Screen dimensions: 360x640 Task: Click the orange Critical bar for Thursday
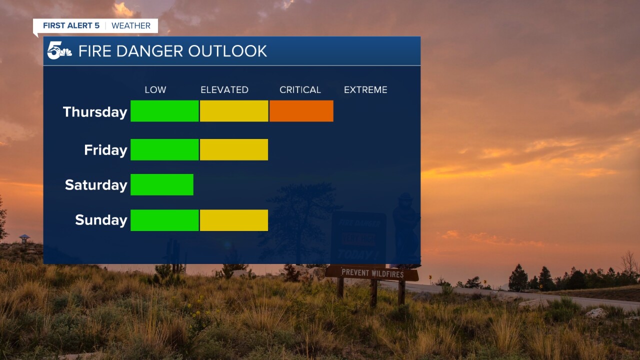coord(301,111)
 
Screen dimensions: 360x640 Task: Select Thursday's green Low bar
coord(164,111)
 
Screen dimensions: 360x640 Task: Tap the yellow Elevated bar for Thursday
coord(234,111)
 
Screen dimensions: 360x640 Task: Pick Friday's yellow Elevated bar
coord(234,149)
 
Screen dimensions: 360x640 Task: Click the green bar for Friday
coord(164,149)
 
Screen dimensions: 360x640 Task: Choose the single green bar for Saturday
coord(162,184)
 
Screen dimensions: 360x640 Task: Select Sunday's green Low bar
coord(164,220)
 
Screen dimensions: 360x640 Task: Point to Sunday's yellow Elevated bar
coord(234,220)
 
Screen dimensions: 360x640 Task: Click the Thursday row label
coord(95,112)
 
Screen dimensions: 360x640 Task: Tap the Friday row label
coord(105,150)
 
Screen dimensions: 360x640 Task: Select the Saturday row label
coord(96,185)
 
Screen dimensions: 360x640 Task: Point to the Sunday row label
coord(101,220)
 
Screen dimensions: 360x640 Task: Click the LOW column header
coord(155,90)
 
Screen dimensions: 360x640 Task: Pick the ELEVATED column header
coord(224,90)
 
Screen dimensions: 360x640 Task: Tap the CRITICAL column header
coord(300,90)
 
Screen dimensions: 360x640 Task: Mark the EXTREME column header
coord(365,90)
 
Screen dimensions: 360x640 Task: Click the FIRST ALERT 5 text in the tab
coord(70,26)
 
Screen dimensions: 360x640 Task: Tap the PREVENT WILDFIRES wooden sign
coord(371,273)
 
